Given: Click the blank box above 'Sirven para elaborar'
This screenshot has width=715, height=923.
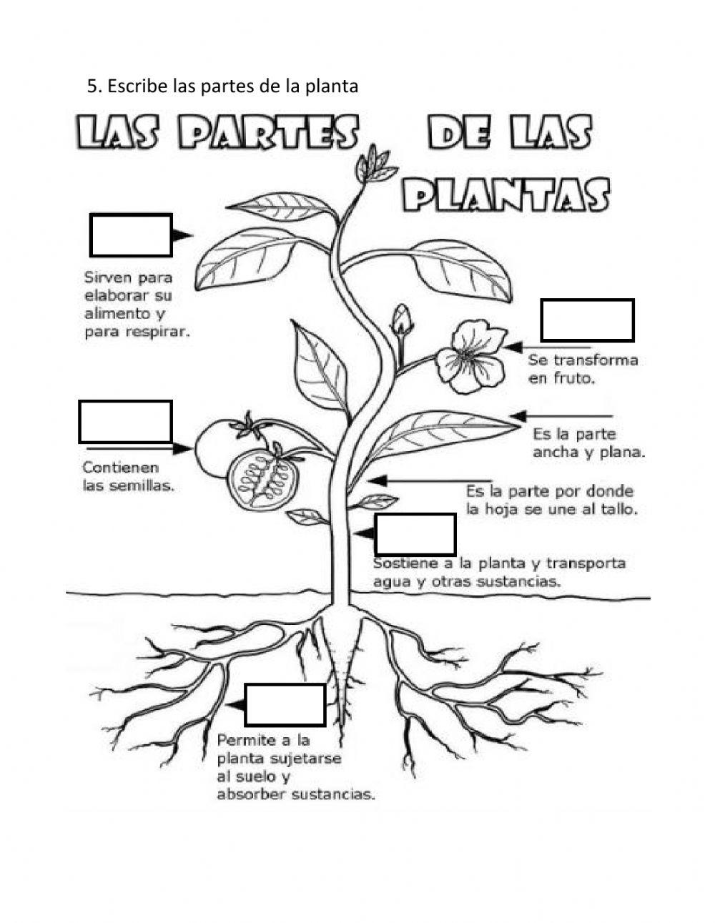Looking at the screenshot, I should [x=131, y=235].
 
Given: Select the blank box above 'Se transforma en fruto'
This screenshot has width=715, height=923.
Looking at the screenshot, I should [x=587, y=320].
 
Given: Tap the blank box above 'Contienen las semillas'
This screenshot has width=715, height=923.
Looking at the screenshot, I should [x=125, y=422].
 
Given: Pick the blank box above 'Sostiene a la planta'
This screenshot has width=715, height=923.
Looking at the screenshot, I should [x=415, y=534].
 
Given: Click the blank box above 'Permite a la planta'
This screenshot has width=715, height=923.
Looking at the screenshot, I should [x=285, y=704].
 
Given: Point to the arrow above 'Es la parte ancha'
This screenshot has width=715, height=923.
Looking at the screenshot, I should [x=562, y=416].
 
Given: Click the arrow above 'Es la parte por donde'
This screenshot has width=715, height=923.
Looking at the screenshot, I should [x=429, y=480].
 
